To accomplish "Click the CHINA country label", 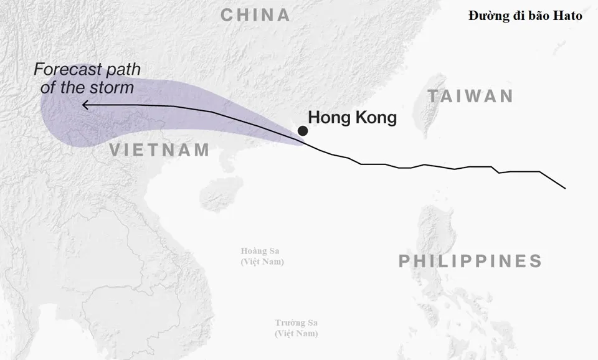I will [x=256, y=16].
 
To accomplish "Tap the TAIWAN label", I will [x=471, y=96].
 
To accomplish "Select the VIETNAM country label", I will [x=159, y=149].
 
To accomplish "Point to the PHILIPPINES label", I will [x=470, y=261].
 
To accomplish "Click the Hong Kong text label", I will [x=353, y=117].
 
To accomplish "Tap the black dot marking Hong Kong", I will [x=302, y=131].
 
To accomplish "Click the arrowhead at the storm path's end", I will [x=85, y=105].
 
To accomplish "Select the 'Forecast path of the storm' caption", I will [x=87, y=78].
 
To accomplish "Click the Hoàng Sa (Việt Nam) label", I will [x=262, y=256].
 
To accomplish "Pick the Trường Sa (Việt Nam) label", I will [x=297, y=328].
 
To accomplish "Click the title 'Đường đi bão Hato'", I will [x=525, y=16].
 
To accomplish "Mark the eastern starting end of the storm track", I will [x=564, y=187].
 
